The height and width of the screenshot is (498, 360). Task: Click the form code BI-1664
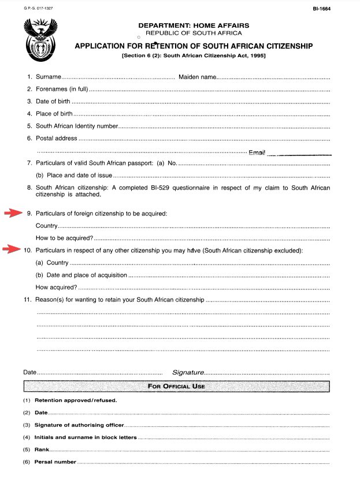point(321,9)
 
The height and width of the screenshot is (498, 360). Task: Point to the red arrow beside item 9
point(13,214)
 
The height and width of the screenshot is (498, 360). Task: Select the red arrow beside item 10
point(12,250)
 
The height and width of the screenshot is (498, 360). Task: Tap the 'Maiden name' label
point(197,77)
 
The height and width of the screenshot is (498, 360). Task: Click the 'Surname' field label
point(48,77)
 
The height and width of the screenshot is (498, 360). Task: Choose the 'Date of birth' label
point(53,102)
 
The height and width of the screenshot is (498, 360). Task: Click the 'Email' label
point(257,153)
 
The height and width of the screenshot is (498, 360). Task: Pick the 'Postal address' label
point(56,138)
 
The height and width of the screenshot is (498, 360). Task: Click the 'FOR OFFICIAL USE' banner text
point(176,386)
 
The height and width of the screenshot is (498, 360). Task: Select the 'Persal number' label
point(55,462)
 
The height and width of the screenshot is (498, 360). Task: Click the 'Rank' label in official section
point(40,449)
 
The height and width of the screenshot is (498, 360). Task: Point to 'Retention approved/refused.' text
point(76,400)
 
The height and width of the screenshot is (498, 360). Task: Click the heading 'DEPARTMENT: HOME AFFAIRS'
point(194,25)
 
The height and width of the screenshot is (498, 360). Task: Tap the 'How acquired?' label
point(56,287)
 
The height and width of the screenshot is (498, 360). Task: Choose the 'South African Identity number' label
point(77,126)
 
